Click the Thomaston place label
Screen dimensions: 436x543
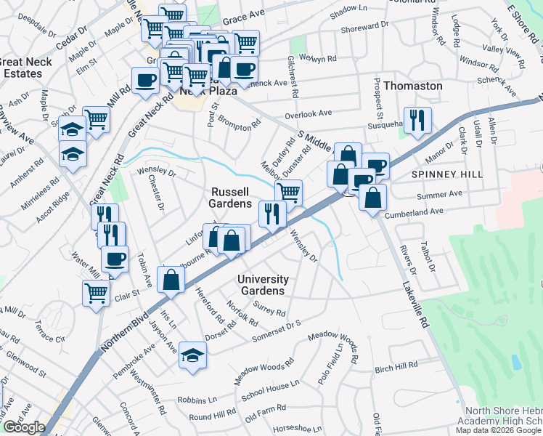[412, 86]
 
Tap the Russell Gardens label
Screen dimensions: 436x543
[230, 198]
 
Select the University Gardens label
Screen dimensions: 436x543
[264, 286]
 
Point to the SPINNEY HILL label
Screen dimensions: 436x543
[437, 175]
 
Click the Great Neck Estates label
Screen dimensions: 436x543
[27, 68]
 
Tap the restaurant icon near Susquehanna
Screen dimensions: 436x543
[417, 121]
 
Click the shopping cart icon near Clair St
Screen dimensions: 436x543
[96, 294]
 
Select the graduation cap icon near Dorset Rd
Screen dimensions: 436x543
[192, 355]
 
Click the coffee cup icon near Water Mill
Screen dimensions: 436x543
[115, 259]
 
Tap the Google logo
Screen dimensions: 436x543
[24, 427]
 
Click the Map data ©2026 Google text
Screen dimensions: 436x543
[499, 430]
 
